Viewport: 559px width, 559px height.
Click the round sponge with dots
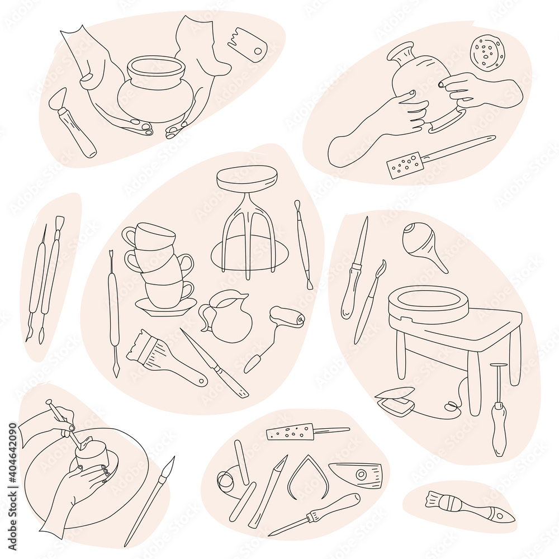(487, 53)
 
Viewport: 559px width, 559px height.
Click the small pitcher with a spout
(227, 316)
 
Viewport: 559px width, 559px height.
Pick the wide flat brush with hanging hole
(162, 358)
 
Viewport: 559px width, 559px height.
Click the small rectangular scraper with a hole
(248, 44)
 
